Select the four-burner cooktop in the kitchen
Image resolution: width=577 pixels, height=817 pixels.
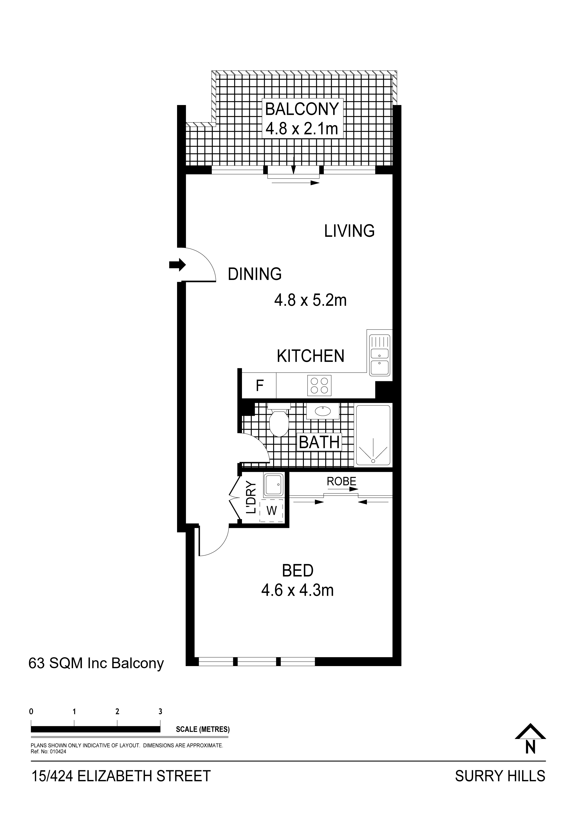pyautogui.click(x=319, y=385)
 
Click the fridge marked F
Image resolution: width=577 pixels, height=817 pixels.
pyautogui.click(x=259, y=385)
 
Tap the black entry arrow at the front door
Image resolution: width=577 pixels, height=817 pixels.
pyautogui.click(x=177, y=264)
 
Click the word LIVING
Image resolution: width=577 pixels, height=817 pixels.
pyautogui.click(x=349, y=231)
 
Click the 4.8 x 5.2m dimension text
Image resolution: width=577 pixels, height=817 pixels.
pyautogui.click(x=310, y=300)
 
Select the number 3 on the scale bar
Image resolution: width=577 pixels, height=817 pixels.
pyautogui.click(x=160, y=711)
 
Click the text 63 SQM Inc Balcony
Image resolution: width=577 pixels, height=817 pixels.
pyautogui.click(x=96, y=663)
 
